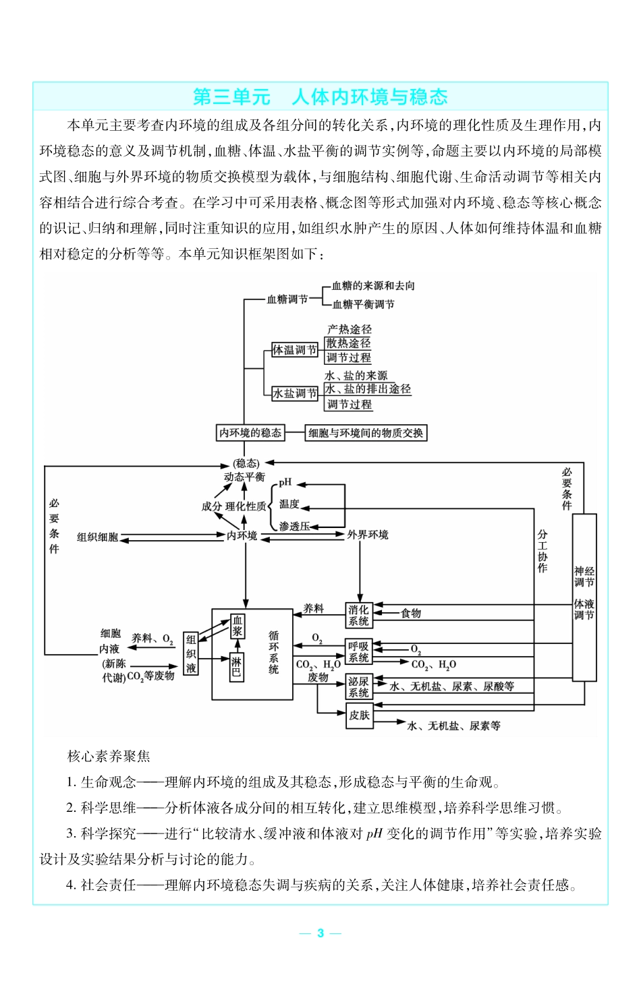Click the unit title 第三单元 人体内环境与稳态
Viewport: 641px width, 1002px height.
[x=320, y=97]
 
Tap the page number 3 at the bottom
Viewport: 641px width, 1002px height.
[x=320, y=933]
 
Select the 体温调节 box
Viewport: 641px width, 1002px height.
[x=294, y=350]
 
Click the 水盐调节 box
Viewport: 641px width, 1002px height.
[x=294, y=393]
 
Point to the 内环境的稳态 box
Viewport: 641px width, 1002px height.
[x=250, y=433]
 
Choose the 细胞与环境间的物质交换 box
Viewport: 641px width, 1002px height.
[x=366, y=433]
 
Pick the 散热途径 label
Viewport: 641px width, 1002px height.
[x=349, y=343]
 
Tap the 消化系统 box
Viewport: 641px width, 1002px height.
[x=359, y=615]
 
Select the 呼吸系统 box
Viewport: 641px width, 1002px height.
[x=359, y=652]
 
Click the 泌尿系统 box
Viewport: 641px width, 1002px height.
[x=359, y=686]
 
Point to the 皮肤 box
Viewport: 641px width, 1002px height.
[x=359, y=715]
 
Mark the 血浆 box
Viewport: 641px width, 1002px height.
[x=238, y=626]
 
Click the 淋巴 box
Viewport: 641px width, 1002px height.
[x=236, y=667]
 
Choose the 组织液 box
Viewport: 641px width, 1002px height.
[x=191, y=653]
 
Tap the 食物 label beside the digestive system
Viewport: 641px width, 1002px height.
[x=411, y=613]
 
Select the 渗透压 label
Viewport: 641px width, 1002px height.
[x=294, y=526]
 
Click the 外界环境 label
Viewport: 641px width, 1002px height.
[x=368, y=535]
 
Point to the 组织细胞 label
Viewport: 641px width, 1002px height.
[x=97, y=537]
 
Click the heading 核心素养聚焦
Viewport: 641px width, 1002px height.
[x=109, y=757]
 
